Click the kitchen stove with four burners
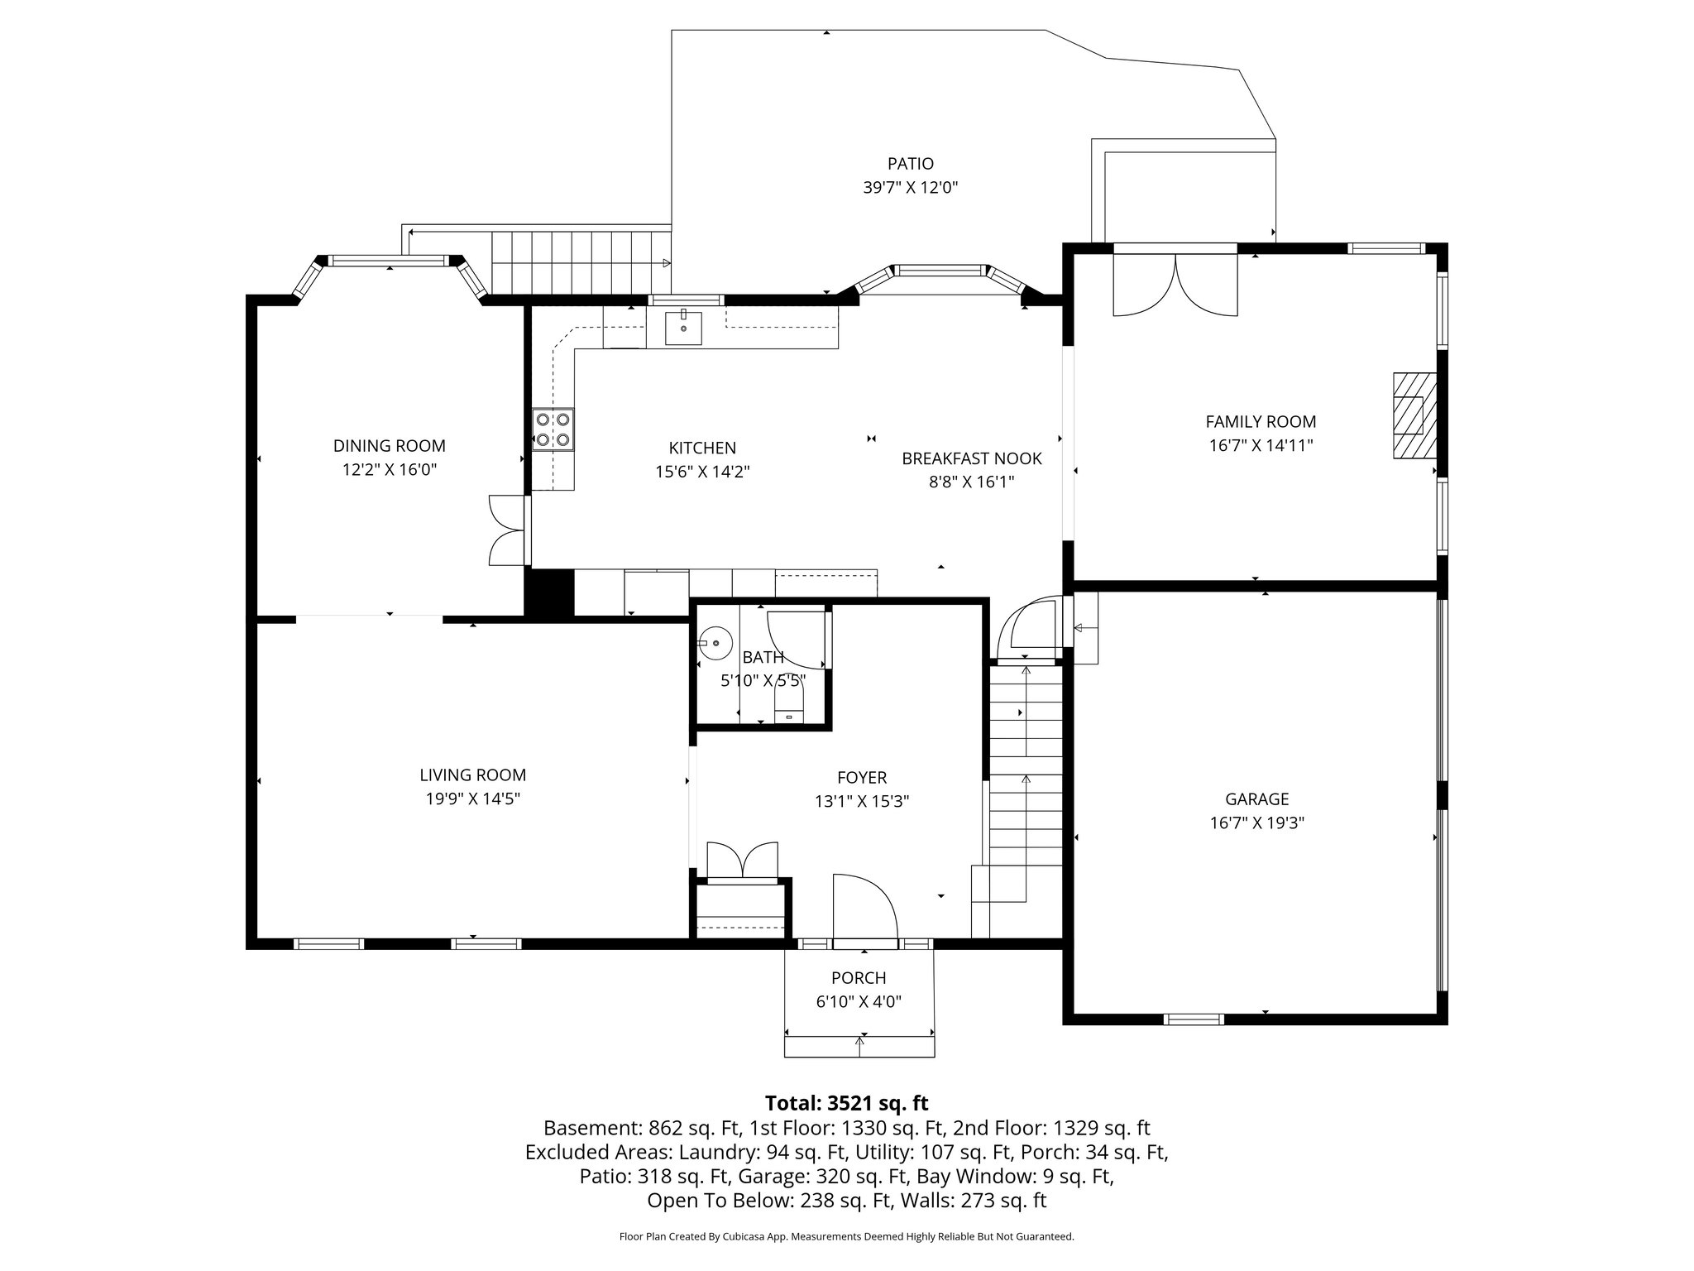(553, 429)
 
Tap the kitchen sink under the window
(683, 328)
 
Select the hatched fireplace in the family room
(1414, 415)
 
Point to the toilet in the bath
(788, 707)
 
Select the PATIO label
(910, 164)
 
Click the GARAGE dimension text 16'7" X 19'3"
(1256, 823)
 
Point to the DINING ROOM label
(389, 446)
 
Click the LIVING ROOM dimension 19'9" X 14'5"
(472, 799)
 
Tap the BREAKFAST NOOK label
(971, 458)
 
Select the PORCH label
(859, 977)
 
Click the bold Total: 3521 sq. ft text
(846, 1103)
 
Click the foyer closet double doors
(742, 861)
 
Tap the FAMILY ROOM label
(1260, 422)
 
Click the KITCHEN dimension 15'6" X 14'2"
(701, 472)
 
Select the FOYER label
(861, 778)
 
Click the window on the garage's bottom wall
(1193, 1019)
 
